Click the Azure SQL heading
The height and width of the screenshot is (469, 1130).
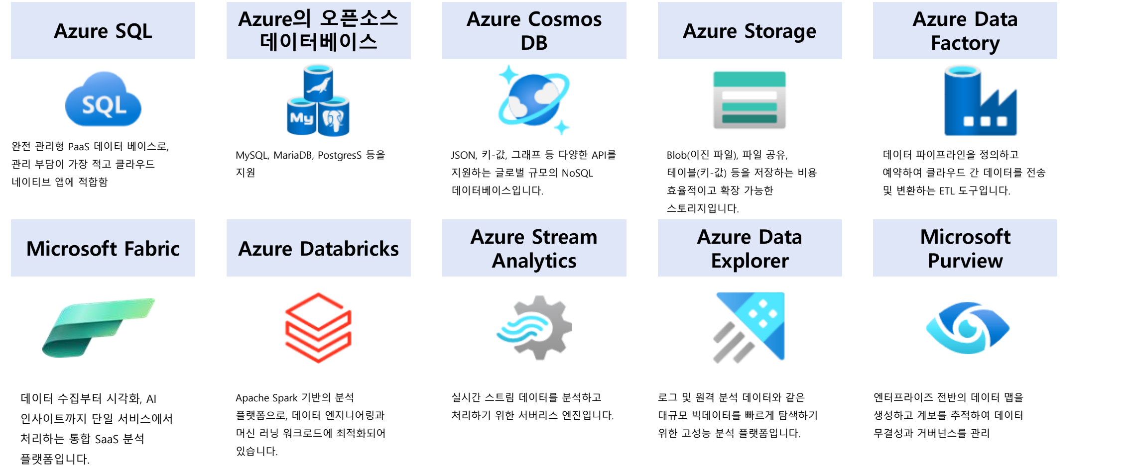click(x=103, y=31)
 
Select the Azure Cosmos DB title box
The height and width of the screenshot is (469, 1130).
click(x=534, y=31)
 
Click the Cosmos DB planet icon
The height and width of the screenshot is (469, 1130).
click(x=534, y=99)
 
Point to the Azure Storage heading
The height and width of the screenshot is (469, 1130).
click(x=750, y=31)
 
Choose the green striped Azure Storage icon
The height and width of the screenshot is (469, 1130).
click(x=749, y=100)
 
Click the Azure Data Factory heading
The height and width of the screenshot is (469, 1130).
click(x=965, y=31)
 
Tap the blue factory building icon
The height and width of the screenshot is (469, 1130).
click(x=980, y=102)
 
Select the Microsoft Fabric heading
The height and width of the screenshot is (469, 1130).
click(x=103, y=248)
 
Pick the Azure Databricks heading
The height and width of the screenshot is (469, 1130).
click(x=318, y=248)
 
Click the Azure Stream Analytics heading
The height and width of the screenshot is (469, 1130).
click(x=534, y=248)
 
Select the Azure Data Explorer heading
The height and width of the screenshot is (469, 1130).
click(x=750, y=248)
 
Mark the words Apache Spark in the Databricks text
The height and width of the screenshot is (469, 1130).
click(x=266, y=398)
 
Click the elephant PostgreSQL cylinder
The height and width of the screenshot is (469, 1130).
click(x=333, y=118)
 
